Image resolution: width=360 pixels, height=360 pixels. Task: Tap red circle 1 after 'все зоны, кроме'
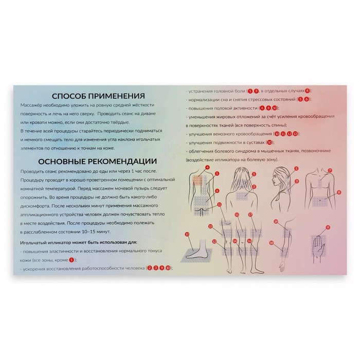pyautogui.click(x=71, y=259)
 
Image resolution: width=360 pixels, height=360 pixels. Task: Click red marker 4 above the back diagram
pyautogui.click(x=207, y=168)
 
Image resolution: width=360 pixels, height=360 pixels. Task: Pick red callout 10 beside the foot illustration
pyautogui.click(x=187, y=234)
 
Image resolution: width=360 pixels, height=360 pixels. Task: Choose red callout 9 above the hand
pyautogui.click(x=328, y=227)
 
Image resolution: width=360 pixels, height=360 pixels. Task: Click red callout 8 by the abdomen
pyautogui.click(x=339, y=192)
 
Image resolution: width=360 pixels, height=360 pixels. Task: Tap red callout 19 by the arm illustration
pyautogui.click(x=276, y=222)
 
